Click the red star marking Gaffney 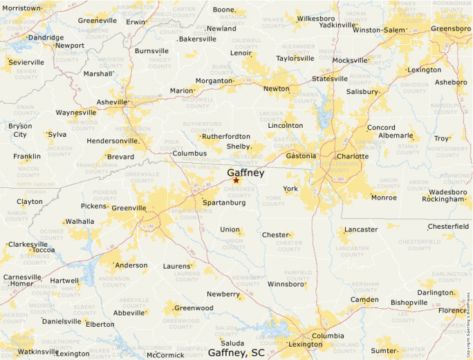(x=236, y=180)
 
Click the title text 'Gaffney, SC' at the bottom (x=236, y=352)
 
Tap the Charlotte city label (x=352, y=156)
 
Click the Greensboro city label (x=450, y=28)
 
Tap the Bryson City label (x=19, y=130)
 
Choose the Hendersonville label (x=113, y=141)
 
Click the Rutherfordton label (x=226, y=136)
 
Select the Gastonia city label (x=301, y=156)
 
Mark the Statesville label (x=330, y=79)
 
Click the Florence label (x=452, y=310)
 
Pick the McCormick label (x=165, y=355)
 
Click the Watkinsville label (x=38, y=352)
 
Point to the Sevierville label (x=26, y=62)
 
